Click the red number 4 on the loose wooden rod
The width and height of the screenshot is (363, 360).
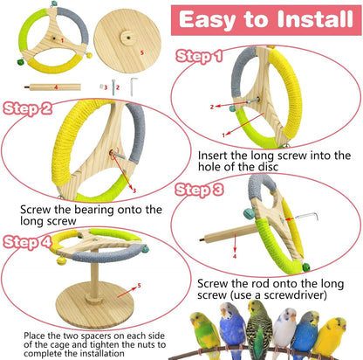click(x=57, y=87)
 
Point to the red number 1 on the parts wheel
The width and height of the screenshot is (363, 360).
click(x=62, y=41)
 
